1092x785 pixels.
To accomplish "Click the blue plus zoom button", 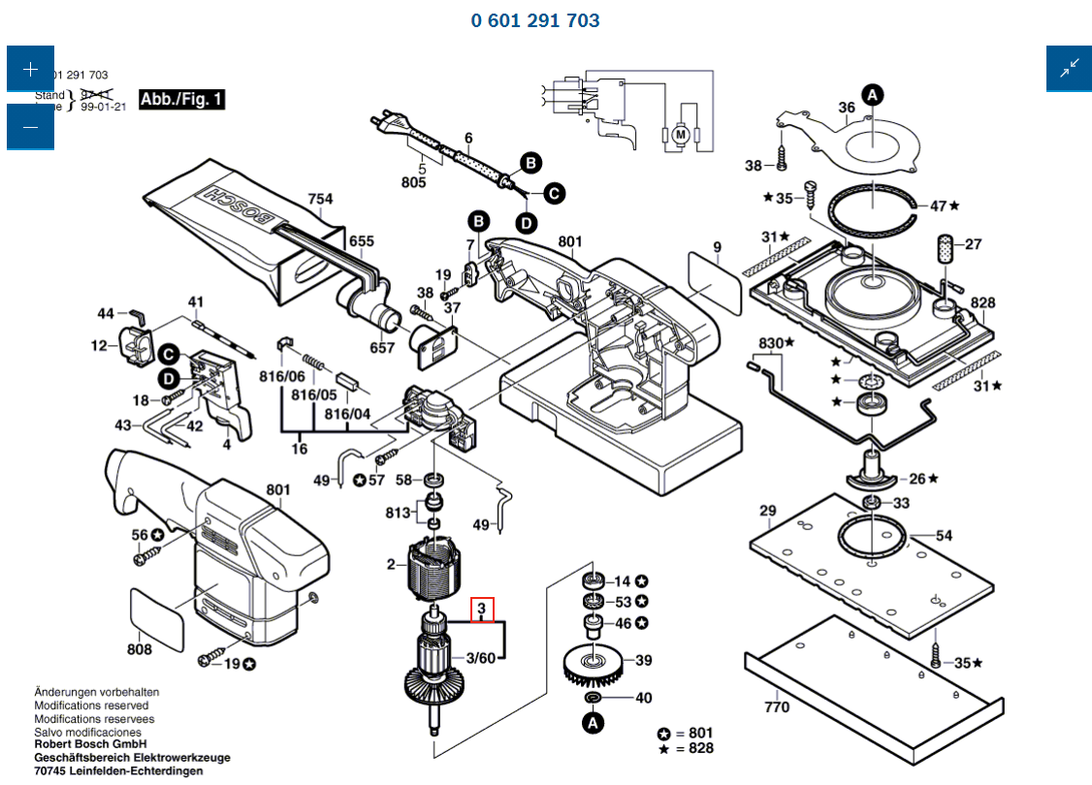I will click(x=30, y=69).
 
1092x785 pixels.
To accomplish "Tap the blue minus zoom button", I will click(x=30, y=127).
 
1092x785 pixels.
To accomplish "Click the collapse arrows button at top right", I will click(x=1069, y=68).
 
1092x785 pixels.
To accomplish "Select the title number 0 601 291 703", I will click(x=535, y=20).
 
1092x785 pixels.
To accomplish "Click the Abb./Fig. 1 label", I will click(x=182, y=99).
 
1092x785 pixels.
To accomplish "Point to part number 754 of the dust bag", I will click(x=320, y=200).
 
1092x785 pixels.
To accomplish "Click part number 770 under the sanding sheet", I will click(x=777, y=706).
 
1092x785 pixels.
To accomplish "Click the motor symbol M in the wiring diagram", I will click(x=680, y=134).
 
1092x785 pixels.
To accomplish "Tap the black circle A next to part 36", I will click(x=873, y=95).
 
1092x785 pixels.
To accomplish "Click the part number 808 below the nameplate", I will click(x=140, y=649).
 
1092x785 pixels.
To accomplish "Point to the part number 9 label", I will click(x=717, y=248).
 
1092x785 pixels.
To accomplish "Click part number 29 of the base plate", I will click(x=768, y=511).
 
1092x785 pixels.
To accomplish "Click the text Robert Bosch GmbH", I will click(x=90, y=744).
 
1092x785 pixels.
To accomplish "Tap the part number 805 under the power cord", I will click(x=414, y=182).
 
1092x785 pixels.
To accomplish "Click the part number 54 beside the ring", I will click(x=944, y=535).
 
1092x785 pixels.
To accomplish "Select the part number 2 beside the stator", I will click(x=391, y=564).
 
